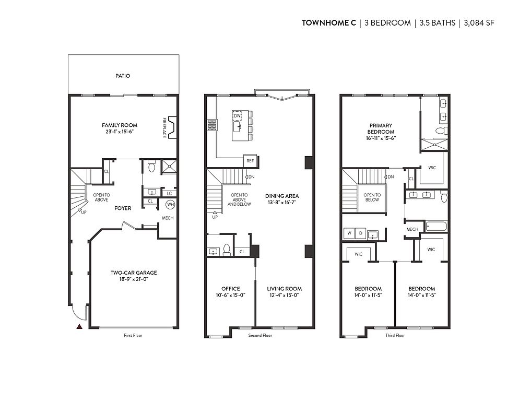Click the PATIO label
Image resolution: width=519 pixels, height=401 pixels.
(x=123, y=76)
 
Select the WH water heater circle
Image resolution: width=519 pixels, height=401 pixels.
(x=170, y=204)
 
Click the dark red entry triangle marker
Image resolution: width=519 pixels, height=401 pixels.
(x=79, y=326)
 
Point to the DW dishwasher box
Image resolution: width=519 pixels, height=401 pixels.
(x=237, y=116)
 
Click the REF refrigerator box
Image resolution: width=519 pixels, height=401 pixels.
(x=250, y=161)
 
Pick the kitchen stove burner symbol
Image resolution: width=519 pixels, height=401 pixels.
(x=212, y=125)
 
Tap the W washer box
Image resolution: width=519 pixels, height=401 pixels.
(x=349, y=233)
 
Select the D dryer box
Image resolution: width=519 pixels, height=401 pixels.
(x=360, y=233)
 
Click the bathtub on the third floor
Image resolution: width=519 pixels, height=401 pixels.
(x=437, y=227)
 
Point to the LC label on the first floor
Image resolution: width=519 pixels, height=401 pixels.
(x=169, y=194)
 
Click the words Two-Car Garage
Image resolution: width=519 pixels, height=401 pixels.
(x=134, y=273)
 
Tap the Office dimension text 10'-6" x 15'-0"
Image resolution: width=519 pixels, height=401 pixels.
(x=231, y=295)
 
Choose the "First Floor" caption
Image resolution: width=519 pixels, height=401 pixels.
(x=133, y=335)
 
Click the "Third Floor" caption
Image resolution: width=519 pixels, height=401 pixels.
(x=395, y=335)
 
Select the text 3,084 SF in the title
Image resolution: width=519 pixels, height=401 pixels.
(x=479, y=23)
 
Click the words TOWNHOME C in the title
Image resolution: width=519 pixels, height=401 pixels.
(x=329, y=23)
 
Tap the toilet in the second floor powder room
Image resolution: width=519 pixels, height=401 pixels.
(x=227, y=250)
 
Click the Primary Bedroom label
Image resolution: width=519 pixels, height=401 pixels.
(x=381, y=128)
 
